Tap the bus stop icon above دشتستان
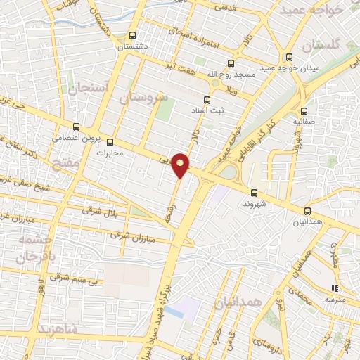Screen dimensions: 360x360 click(x=134, y=34)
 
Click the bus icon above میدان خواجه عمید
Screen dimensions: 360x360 click(x=288, y=57)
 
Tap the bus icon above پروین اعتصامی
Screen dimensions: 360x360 click(x=75, y=127)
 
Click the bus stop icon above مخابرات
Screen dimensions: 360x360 click(x=109, y=141)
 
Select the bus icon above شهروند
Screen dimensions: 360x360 click(x=254, y=192)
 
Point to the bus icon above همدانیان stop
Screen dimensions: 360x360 click(x=308, y=210)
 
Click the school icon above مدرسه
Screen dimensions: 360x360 click(x=335, y=288)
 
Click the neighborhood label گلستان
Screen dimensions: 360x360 click(x=321, y=44)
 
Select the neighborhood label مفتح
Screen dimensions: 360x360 click(x=65, y=163)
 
